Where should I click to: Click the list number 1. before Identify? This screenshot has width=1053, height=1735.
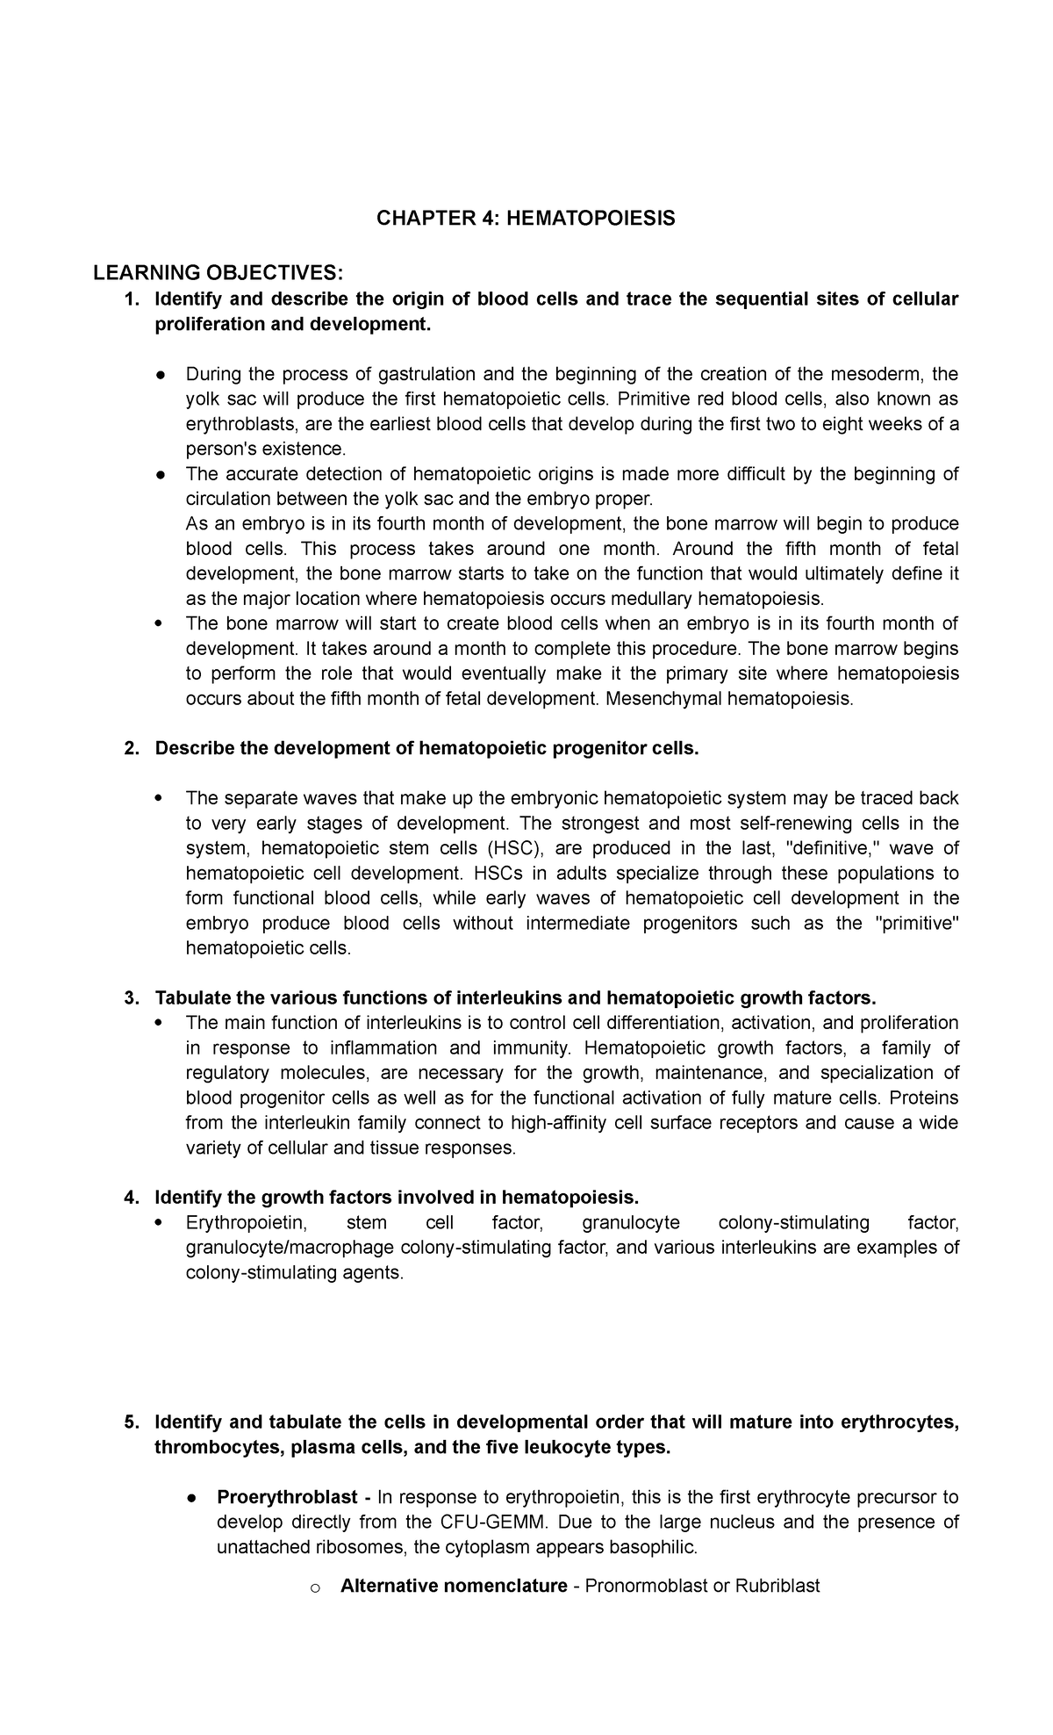tap(131, 299)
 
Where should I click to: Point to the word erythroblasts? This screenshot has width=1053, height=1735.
tap(239, 424)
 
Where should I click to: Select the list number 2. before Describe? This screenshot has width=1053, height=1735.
tap(131, 749)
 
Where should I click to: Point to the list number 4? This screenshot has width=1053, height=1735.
tap(131, 1198)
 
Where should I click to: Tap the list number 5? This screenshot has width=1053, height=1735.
tap(131, 1422)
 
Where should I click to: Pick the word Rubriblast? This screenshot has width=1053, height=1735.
tap(777, 1586)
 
